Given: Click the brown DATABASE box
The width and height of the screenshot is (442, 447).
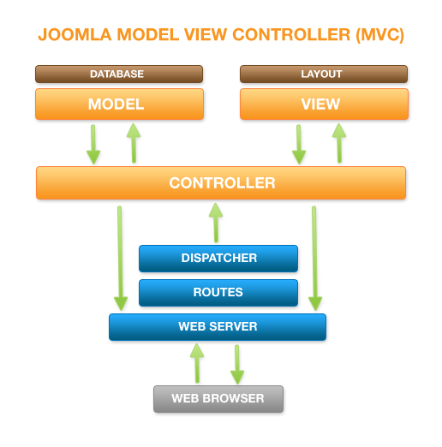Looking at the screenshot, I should pyautogui.click(x=118, y=74).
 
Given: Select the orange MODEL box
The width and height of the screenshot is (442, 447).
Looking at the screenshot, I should pyautogui.click(x=118, y=104).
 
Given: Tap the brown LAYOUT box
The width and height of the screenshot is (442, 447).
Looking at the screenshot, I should pyautogui.click(x=323, y=74).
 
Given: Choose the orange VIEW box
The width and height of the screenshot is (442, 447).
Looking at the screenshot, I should pyautogui.click(x=323, y=104).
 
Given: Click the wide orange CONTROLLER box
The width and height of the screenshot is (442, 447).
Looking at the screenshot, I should pyautogui.click(x=221, y=183).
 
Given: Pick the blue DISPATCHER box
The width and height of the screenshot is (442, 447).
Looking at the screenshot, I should pyautogui.click(x=218, y=258).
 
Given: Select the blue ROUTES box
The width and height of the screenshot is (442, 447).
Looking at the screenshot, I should pyautogui.click(x=218, y=292).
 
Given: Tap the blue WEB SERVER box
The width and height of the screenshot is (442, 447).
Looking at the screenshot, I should pyautogui.click(x=217, y=326).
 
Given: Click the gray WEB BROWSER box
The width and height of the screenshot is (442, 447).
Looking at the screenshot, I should pyautogui.click(x=218, y=398).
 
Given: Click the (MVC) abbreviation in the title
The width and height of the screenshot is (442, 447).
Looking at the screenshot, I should pyautogui.click(x=376, y=36).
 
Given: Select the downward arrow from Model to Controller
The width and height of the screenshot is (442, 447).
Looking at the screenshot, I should pyautogui.click(x=93, y=144).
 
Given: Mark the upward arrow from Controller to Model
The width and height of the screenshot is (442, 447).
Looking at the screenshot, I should pyautogui.click(x=134, y=142).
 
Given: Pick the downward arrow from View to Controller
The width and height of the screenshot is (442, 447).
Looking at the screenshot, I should pyautogui.click(x=299, y=144).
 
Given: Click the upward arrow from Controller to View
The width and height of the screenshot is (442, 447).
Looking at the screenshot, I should pyautogui.click(x=339, y=142).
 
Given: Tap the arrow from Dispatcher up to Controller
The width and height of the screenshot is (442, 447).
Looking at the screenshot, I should pyautogui.click(x=215, y=223).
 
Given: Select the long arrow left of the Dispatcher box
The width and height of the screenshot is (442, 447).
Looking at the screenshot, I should pyautogui.click(x=121, y=257).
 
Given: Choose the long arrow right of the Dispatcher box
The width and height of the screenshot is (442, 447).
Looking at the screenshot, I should pyautogui.click(x=315, y=257).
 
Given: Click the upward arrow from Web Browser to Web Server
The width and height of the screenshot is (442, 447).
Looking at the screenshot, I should pyautogui.click(x=197, y=363).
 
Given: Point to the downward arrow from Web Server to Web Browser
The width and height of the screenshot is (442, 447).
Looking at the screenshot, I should pyautogui.click(x=237, y=365).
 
